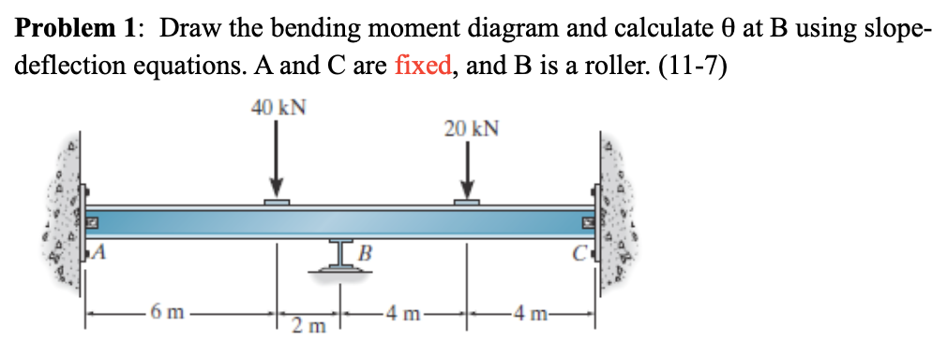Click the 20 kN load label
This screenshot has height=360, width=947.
point(471,128)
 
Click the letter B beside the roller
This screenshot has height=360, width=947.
point(366,250)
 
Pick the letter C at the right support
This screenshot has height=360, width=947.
point(581,250)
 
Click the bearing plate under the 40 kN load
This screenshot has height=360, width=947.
point(276,202)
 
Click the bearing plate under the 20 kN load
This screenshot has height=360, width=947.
point(467,202)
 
